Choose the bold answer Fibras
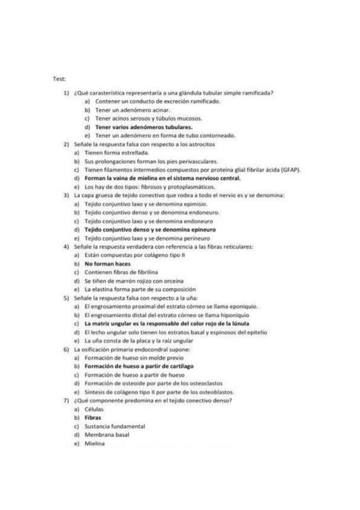tap(93, 417)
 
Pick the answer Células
tap(94, 408)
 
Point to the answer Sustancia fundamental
tap(115, 426)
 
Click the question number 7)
tap(66, 400)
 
